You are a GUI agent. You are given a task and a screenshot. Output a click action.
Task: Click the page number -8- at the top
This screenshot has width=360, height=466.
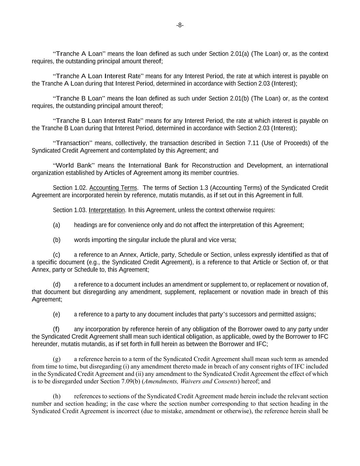[180, 25]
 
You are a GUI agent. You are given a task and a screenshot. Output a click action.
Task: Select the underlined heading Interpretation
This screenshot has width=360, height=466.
[107, 210]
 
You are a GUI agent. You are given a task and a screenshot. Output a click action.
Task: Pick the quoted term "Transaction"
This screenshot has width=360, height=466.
[73, 143]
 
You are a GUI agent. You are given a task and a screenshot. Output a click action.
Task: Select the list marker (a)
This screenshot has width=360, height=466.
[57, 225]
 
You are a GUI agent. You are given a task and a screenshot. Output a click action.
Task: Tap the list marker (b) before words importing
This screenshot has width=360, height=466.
[57, 240]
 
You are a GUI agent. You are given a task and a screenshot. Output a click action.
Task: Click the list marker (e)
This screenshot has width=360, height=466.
[57, 314]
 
